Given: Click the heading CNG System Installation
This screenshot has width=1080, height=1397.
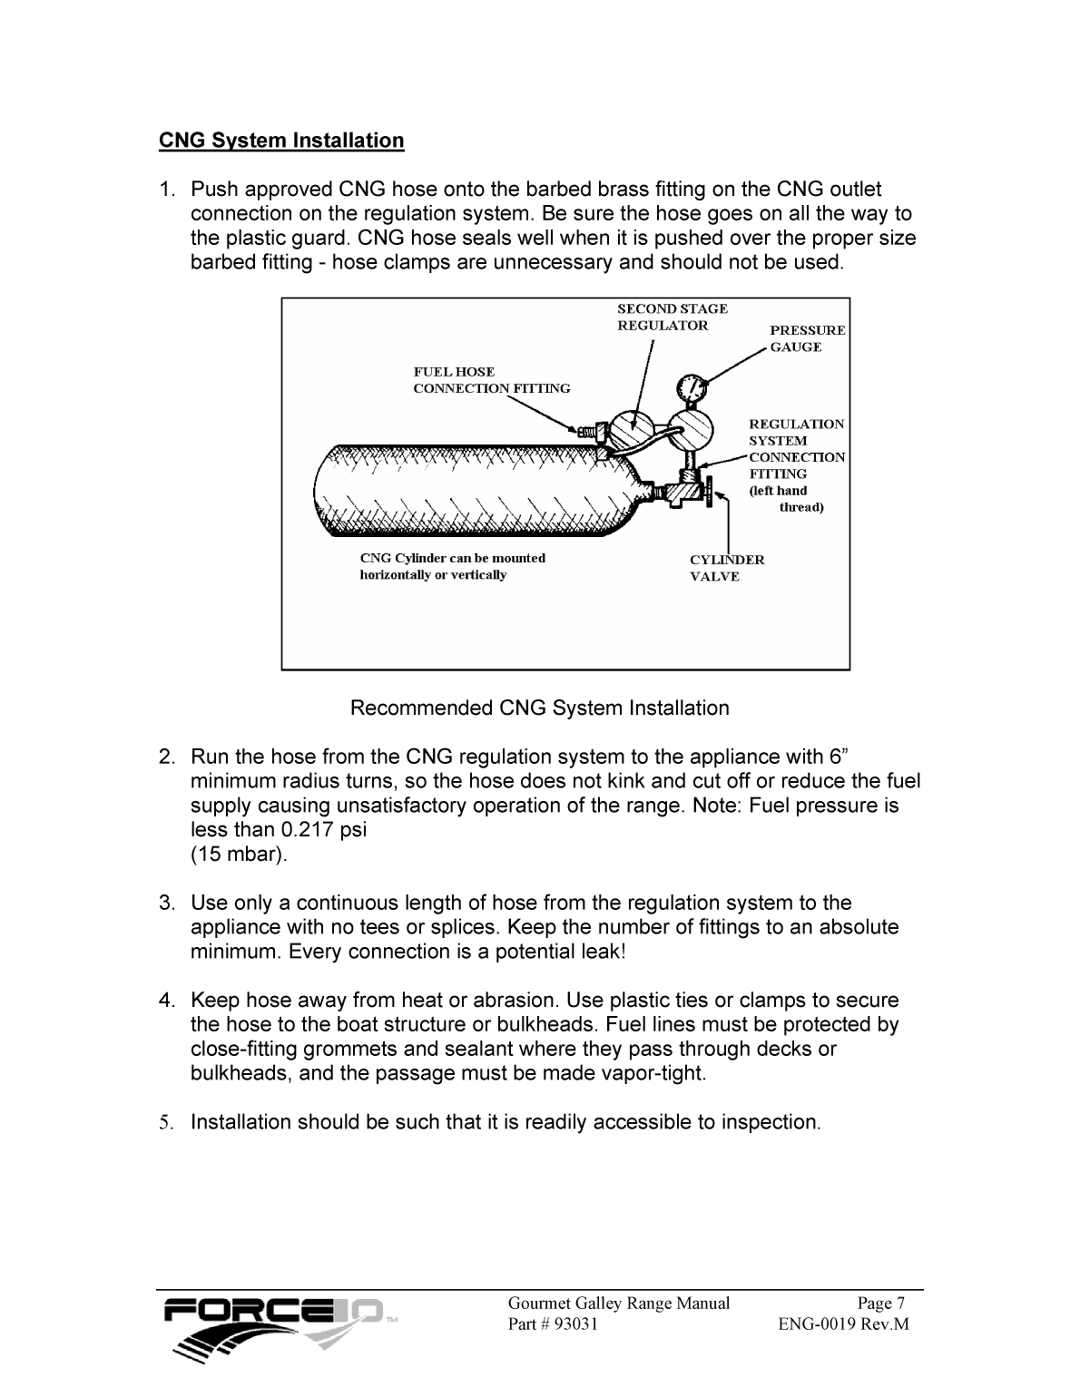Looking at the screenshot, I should point(281,141).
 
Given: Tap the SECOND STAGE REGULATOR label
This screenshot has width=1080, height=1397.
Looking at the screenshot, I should point(672,317).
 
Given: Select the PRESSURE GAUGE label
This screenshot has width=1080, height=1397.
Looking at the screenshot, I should point(807,338).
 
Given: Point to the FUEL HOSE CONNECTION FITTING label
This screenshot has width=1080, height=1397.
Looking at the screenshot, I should point(491,380).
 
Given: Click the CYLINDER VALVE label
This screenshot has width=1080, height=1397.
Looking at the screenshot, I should point(726,568).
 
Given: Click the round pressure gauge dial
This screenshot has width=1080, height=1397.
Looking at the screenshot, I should point(692,387).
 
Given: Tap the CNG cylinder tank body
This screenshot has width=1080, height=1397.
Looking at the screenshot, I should point(472,490).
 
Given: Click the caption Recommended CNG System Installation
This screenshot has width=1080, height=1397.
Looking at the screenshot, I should point(539,708).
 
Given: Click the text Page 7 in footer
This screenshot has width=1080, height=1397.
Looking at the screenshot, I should point(881,1304).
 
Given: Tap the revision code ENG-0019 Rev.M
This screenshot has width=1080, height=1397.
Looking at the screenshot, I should point(843,1324).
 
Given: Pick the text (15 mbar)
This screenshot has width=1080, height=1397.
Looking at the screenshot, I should point(239,855).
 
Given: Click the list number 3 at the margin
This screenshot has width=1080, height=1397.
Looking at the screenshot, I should point(166,904).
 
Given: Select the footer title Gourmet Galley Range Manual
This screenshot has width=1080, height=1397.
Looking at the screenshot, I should point(618,1304).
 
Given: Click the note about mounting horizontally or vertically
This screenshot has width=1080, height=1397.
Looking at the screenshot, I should point(452,566).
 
